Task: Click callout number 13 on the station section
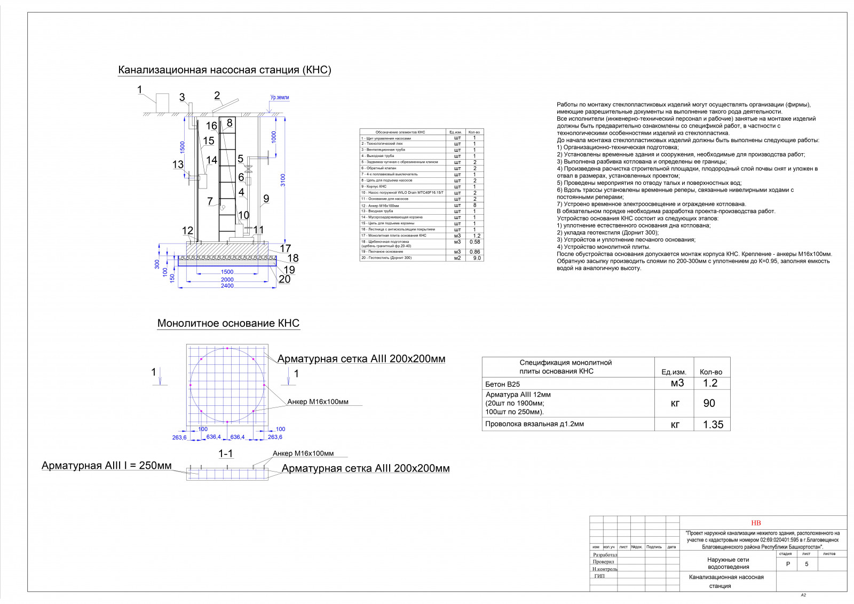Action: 178,164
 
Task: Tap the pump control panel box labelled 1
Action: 162,103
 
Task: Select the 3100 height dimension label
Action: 283,181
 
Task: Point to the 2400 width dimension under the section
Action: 227,286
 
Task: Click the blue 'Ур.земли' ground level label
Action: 279,98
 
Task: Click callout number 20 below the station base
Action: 284,279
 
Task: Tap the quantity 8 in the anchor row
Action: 474,205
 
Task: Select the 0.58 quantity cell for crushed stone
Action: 474,242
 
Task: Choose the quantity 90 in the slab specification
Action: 709,403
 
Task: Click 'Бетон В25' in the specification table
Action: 502,384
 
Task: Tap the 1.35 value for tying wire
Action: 713,425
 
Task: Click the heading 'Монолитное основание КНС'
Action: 228,324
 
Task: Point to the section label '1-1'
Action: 226,453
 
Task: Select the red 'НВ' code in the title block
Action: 756,523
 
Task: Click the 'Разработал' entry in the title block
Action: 604,555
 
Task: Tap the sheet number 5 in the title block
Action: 806,564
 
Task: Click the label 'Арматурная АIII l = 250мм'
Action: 107,466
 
